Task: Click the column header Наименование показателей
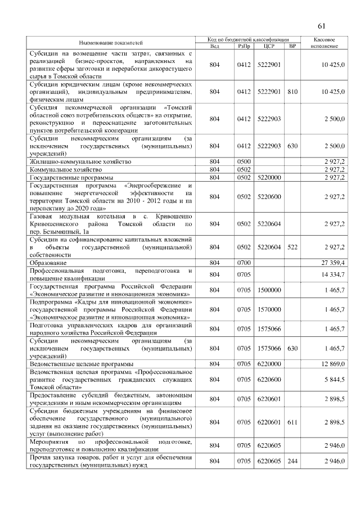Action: point(110,43)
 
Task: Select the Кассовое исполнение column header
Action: point(324,43)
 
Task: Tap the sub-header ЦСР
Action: point(268,46)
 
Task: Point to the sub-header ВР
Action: point(292,46)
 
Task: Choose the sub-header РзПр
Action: point(244,46)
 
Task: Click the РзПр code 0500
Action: point(244,161)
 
